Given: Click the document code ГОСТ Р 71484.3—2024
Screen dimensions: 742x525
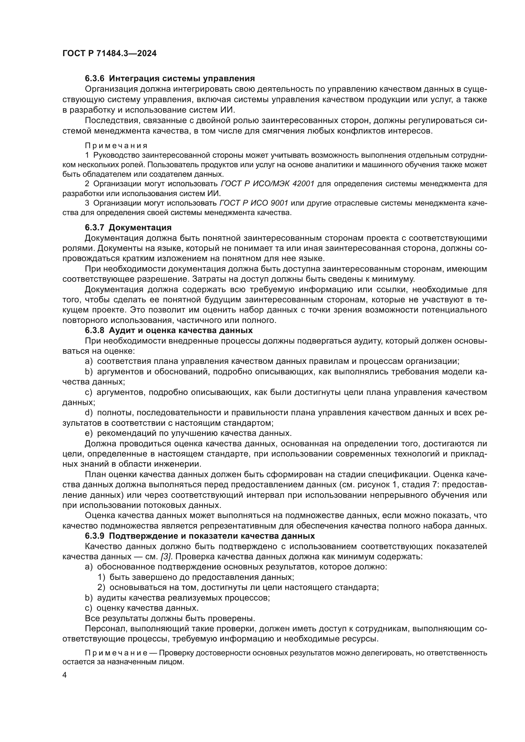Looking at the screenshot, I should pyautogui.click(x=109, y=54).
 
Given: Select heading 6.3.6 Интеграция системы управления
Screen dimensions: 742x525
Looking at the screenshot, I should pyautogui.click(x=170, y=79).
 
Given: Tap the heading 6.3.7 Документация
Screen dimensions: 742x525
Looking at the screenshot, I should pyautogui.click(x=128, y=227).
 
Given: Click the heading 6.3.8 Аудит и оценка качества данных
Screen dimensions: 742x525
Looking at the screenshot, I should pyautogui.click(x=169, y=330).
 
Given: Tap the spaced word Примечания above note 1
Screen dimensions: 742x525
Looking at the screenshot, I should pyautogui.click(x=116, y=146).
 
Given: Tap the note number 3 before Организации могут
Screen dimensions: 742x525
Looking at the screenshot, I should pyautogui.click(x=87, y=203).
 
